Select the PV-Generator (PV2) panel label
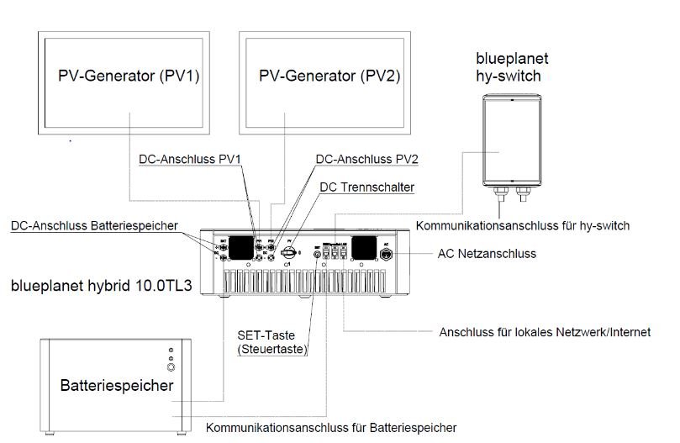click(329, 76)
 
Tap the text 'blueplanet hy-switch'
click(513, 67)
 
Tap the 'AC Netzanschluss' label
click(487, 252)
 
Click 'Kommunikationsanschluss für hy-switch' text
click(523, 225)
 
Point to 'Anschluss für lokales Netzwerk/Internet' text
click(545, 332)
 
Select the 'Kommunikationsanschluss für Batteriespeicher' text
click(330, 427)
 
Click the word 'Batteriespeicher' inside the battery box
click(117, 386)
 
